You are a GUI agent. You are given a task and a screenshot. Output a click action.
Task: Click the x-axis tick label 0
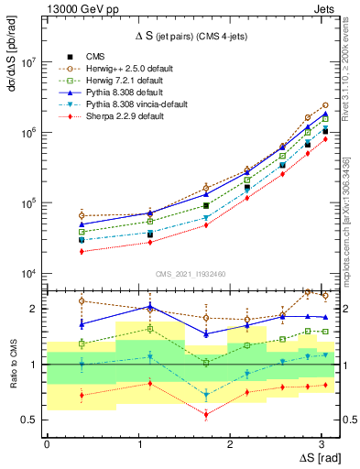[47, 444]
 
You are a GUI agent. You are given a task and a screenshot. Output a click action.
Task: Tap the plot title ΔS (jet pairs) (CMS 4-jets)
[190, 36]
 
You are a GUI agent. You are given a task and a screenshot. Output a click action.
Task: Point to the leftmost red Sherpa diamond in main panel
[82, 251]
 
